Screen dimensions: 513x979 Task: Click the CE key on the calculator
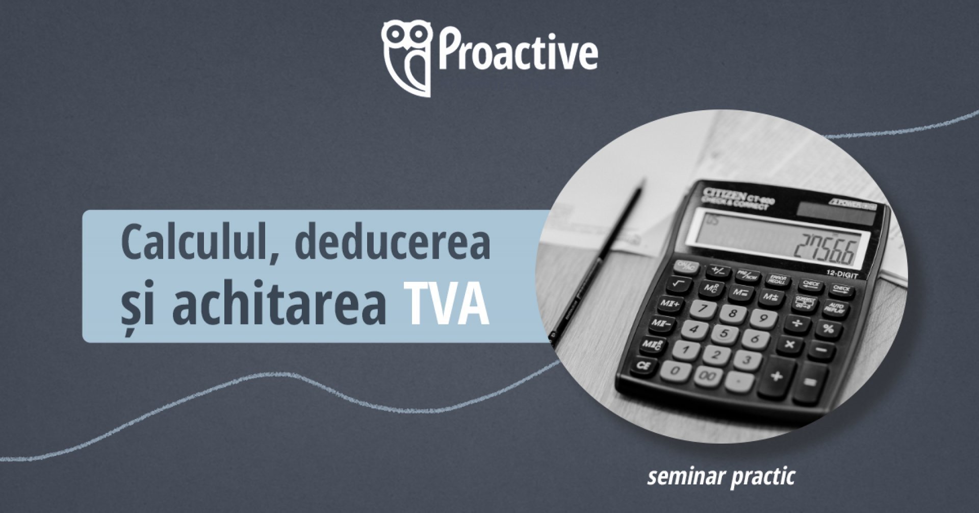coord(646,365)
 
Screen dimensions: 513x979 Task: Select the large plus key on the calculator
coord(776,377)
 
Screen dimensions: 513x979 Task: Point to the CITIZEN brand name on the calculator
coord(725,193)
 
